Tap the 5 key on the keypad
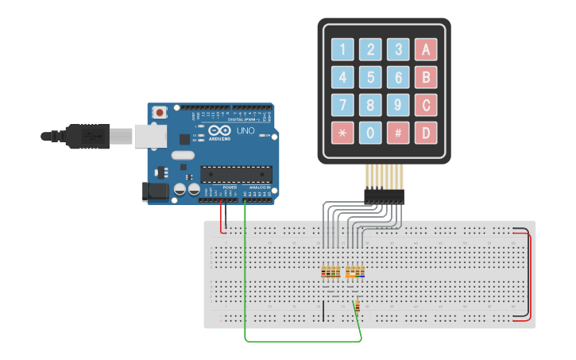click(x=370, y=77)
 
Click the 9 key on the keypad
click(x=398, y=104)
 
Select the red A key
click(x=426, y=49)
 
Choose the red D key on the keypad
click(x=426, y=132)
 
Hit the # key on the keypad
click(x=398, y=132)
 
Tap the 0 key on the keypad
click(x=370, y=132)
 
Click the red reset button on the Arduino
click(x=160, y=113)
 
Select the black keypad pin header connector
click(x=384, y=194)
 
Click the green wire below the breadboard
click(x=302, y=341)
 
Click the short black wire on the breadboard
click(x=323, y=312)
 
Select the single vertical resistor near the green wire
click(x=357, y=306)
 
